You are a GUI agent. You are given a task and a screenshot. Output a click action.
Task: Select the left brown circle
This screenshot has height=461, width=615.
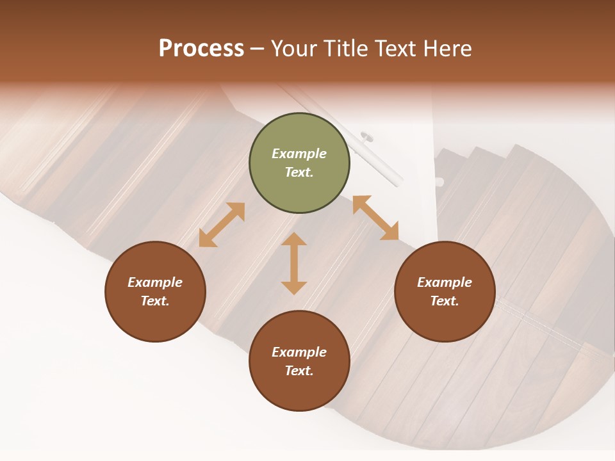click(155, 291)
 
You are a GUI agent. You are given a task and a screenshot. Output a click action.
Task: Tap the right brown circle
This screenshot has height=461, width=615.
click(445, 291)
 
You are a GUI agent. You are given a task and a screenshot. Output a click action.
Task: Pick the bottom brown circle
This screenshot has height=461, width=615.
click(299, 361)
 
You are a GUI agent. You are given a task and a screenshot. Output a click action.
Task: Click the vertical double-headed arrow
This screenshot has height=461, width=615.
click(294, 263)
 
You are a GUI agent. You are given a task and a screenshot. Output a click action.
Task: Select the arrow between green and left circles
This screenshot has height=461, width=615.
click(222, 225)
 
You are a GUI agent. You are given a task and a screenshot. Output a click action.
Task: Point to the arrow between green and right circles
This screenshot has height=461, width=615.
click(376, 218)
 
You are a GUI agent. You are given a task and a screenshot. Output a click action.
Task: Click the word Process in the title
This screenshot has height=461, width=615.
click(201, 49)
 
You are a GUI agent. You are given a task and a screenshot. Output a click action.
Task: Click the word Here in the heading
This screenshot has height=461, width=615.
click(448, 49)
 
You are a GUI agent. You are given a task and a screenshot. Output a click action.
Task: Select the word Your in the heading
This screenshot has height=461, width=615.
click(294, 49)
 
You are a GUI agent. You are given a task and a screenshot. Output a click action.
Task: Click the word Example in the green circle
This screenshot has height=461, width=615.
click(299, 154)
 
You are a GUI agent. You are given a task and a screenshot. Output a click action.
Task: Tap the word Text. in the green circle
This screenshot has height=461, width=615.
click(299, 172)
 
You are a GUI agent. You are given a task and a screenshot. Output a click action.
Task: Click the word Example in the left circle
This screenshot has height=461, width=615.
click(155, 282)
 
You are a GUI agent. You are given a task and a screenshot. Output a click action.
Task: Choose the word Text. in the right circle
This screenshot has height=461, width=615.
click(445, 301)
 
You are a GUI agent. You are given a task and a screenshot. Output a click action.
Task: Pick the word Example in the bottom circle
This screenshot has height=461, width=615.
click(299, 352)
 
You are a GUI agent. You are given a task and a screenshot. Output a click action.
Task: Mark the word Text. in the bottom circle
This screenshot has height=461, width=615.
click(299, 371)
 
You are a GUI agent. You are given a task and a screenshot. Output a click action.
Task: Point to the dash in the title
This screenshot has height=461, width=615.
click(258, 49)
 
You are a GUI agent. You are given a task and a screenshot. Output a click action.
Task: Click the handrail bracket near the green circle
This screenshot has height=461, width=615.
click(368, 136)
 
